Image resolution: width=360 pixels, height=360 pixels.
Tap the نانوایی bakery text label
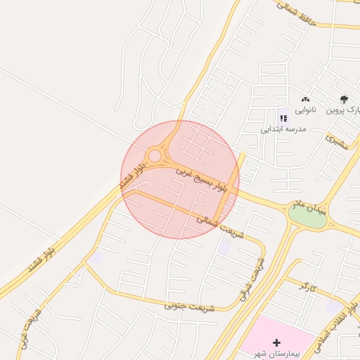[x=305, y=110]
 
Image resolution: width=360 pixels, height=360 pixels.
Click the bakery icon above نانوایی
[x=305, y=100]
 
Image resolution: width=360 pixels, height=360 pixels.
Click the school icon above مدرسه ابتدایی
[x=283, y=118]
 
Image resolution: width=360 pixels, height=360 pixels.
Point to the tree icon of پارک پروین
[x=344, y=100]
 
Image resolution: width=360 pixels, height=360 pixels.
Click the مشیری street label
[x=338, y=141]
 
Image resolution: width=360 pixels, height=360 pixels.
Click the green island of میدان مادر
[x=308, y=217]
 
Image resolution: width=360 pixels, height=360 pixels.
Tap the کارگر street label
[x=304, y=286]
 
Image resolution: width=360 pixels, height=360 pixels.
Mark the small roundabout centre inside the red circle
[x=154, y=155]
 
